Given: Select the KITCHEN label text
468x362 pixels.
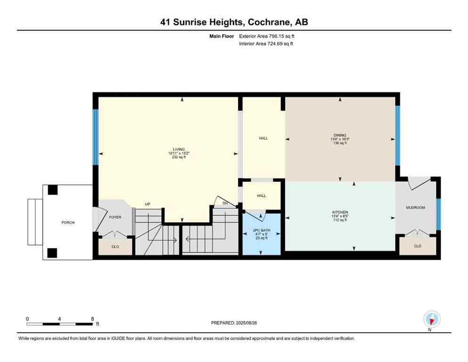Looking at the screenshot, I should point(339,212).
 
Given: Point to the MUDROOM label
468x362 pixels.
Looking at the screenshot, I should point(416,207).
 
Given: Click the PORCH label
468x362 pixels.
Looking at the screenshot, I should point(67,222).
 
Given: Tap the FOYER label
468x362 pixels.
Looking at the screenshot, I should point(115,217).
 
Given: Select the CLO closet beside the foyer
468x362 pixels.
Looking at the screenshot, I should point(115,246).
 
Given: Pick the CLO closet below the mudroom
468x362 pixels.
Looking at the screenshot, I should point(418,246).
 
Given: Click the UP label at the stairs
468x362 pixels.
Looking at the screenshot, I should point(148,204).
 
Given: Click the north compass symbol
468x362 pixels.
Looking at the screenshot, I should point(432,319).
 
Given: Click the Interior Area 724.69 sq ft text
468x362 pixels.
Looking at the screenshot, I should point(266,44).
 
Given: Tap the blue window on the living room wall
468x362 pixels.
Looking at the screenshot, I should point(95,137).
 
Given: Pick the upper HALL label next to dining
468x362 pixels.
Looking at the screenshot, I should point(263,139).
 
